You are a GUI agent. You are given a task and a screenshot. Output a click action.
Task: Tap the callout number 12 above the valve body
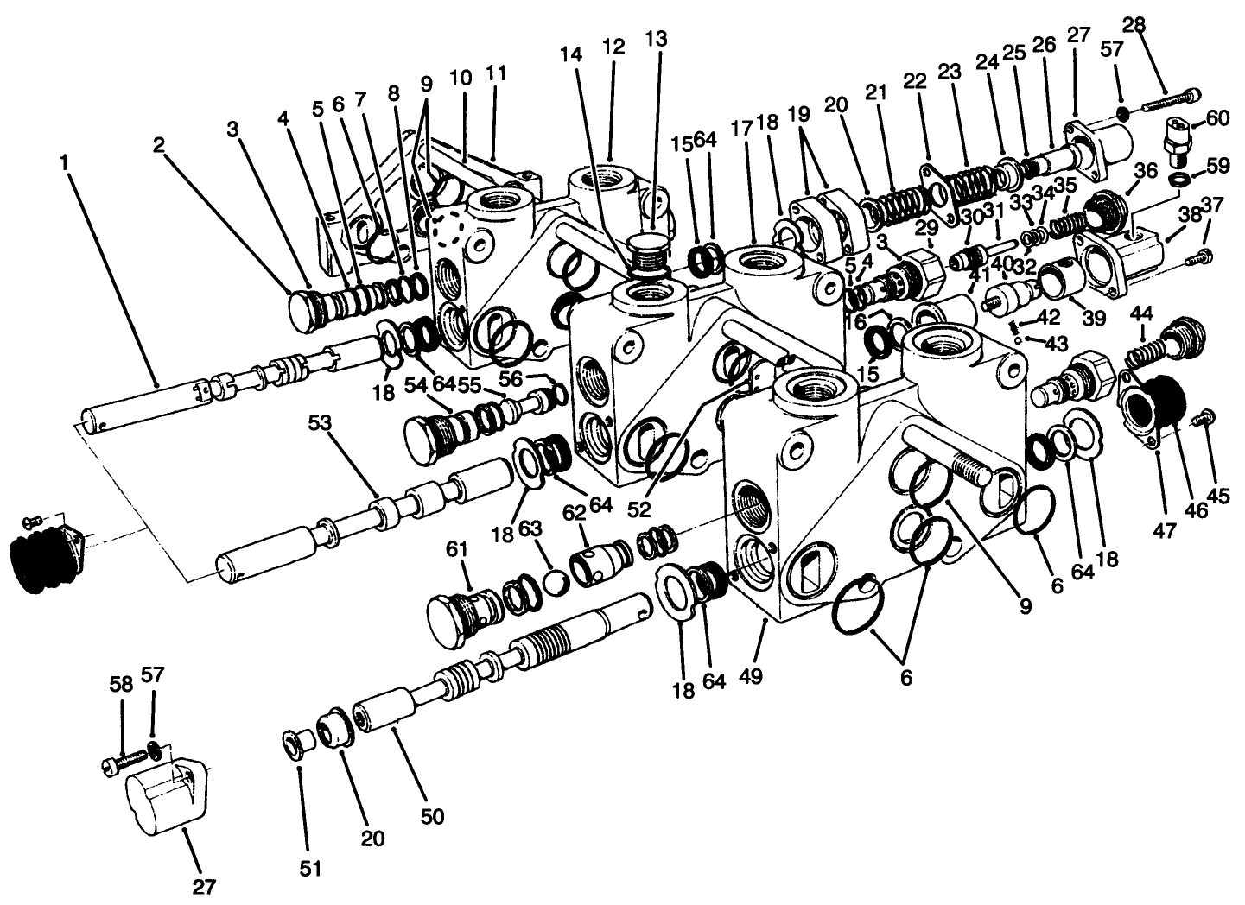(613, 47)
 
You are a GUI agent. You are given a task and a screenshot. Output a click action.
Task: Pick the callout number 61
(457, 549)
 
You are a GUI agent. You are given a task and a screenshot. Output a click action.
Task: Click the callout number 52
(639, 509)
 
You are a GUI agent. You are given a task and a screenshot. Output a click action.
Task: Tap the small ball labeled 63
(555, 582)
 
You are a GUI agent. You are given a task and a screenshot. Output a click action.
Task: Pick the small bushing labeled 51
(297, 744)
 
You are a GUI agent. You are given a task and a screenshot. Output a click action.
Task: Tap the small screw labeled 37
(1200, 256)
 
